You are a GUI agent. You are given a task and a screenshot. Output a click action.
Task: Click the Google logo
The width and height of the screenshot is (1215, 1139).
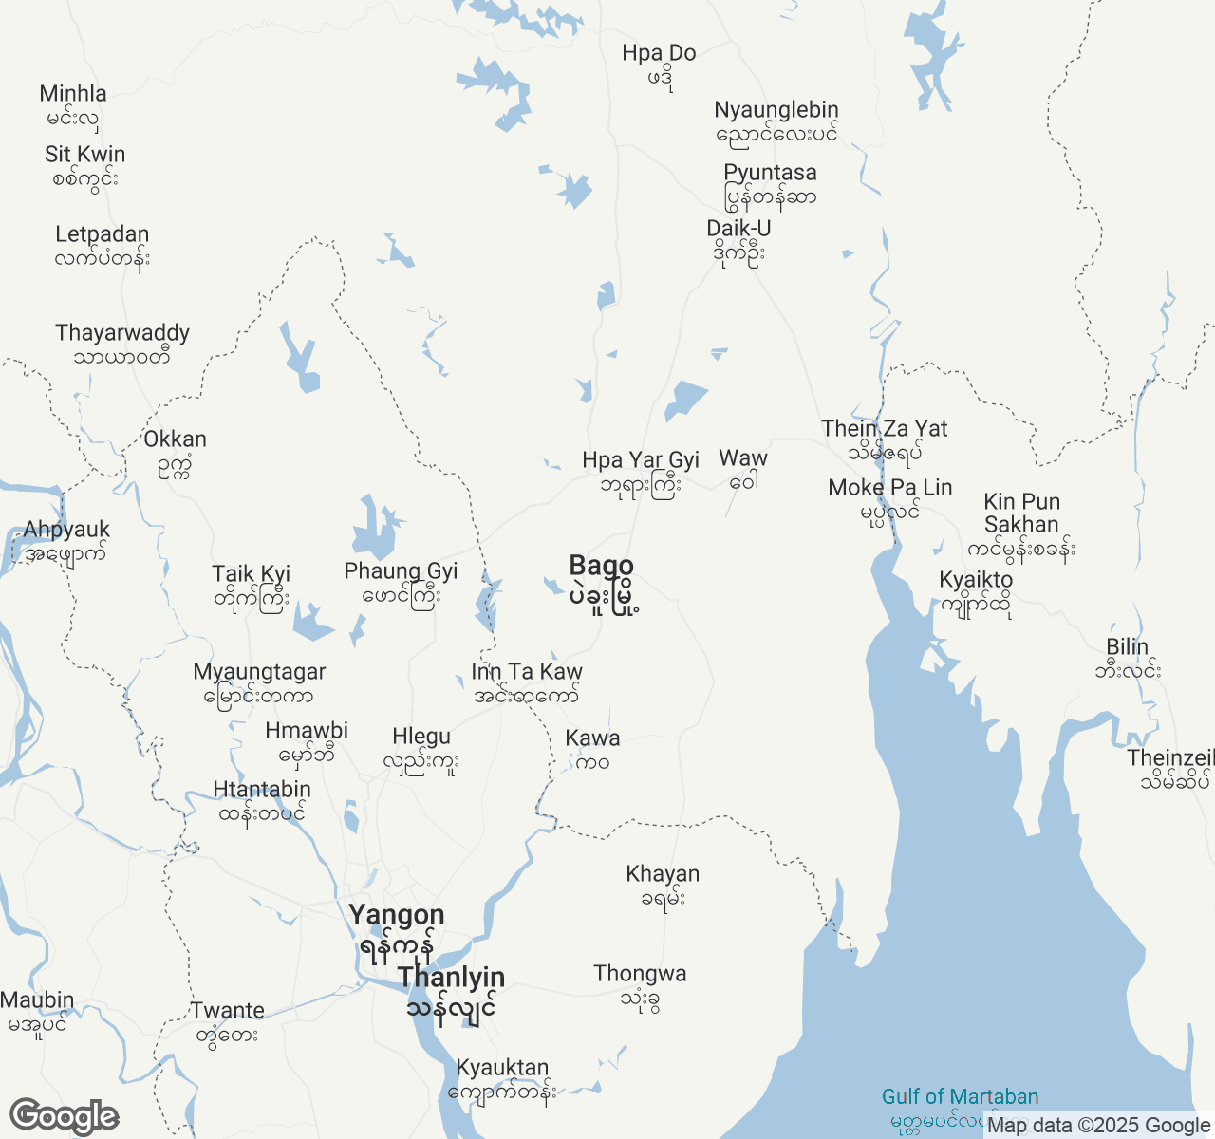(x=64, y=1117)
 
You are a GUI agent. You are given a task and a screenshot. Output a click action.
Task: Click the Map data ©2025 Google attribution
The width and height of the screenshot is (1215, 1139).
(x=1098, y=1126)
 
